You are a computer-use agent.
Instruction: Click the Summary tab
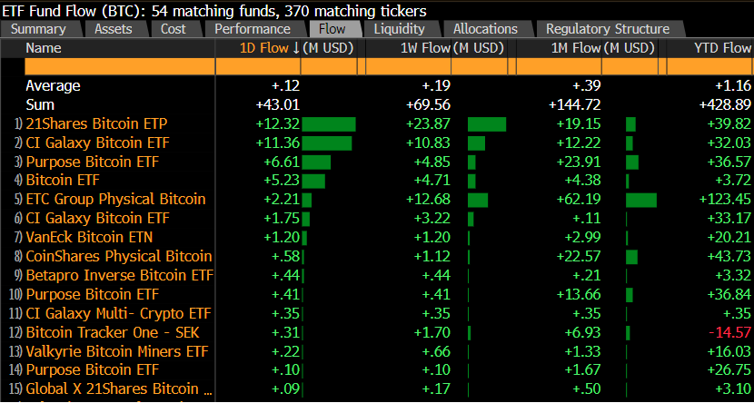click(x=38, y=29)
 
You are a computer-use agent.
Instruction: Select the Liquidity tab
click(x=399, y=29)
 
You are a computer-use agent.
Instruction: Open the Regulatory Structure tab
click(x=608, y=29)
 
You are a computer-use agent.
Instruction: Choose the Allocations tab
click(x=485, y=29)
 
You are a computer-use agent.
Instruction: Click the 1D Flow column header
click(x=263, y=47)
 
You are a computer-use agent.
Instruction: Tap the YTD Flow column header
click(x=723, y=47)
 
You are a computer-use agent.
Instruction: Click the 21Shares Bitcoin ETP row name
click(x=96, y=123)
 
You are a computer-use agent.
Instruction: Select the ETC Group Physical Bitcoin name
click(x=115, y=199)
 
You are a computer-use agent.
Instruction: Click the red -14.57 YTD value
click(x=730, y=332)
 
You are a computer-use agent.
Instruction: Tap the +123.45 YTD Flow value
click(x=727, y=199)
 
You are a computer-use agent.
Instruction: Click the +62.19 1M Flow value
click(x=581, y=199)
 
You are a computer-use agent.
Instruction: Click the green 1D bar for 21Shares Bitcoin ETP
click(x=328, y=123)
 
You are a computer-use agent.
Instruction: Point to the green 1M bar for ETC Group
click(x=640, y=199)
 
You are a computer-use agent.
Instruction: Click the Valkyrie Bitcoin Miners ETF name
click(x=116, y=351)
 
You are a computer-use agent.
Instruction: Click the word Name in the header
click(x=44, y=47)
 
